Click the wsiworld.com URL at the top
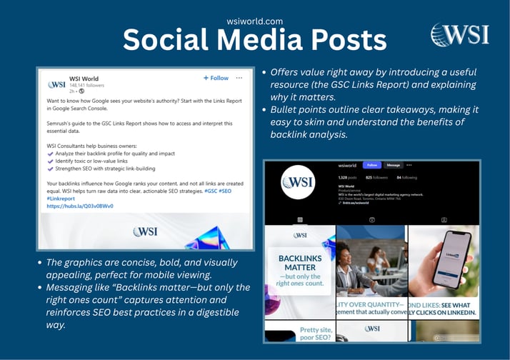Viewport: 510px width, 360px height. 254,21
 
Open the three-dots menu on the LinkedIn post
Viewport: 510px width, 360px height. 239,78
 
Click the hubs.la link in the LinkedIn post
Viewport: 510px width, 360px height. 79,206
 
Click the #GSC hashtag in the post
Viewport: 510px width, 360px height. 212,191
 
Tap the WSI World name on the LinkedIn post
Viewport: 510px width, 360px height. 84,77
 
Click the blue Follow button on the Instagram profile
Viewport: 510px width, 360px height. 372,164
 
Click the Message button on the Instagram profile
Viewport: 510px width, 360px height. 394,164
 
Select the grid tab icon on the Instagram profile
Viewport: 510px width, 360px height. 300,219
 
